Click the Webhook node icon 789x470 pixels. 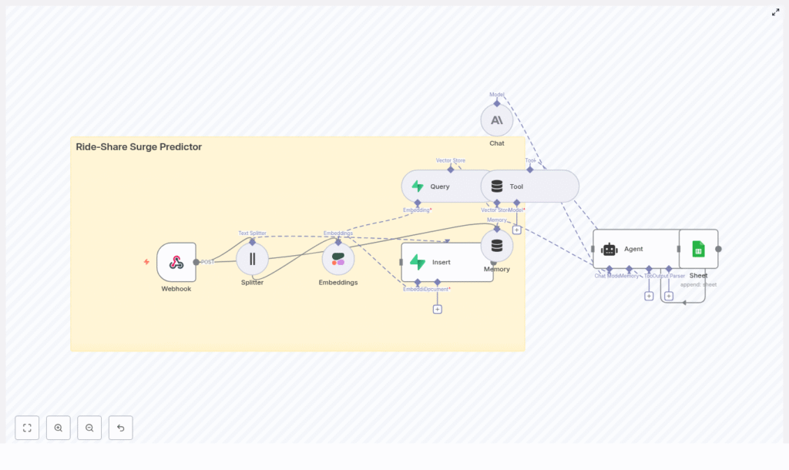point(176,262)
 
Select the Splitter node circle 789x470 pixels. point(252,259)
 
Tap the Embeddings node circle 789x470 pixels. point(338,259)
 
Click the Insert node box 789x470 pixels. point(447,262)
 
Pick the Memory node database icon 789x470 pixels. point(497,246)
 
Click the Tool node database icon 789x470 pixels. point(497,186)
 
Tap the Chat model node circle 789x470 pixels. point(497,120)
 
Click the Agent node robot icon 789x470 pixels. point(609,249)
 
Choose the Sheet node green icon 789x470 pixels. point(698,249)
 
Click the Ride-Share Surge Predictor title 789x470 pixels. point(139,146)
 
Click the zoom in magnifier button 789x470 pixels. point(59,428)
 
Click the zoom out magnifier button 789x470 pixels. point(89,428)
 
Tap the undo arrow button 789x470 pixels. point(120,428)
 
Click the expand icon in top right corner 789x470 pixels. point(776,12)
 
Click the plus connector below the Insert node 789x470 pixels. point(437,309)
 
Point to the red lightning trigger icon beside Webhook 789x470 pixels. point(146,262)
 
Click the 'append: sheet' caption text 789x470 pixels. point(698,284)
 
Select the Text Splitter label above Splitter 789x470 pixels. point(252,233)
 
